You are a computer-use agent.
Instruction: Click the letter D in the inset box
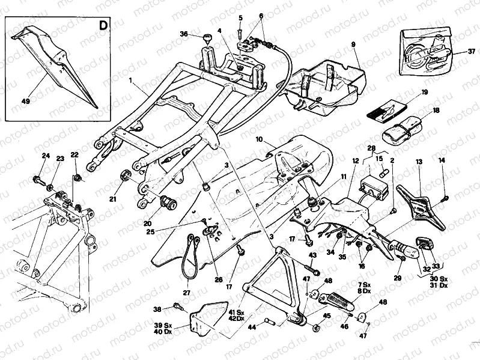104,26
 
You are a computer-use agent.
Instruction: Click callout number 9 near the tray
353,45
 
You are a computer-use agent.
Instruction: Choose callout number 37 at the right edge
472,51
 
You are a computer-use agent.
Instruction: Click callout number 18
436,111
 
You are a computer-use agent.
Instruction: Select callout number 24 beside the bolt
44,156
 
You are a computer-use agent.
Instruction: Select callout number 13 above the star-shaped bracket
419,162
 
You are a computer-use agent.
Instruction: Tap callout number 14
442,160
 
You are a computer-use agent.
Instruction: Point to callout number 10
260,139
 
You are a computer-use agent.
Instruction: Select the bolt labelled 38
178,308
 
